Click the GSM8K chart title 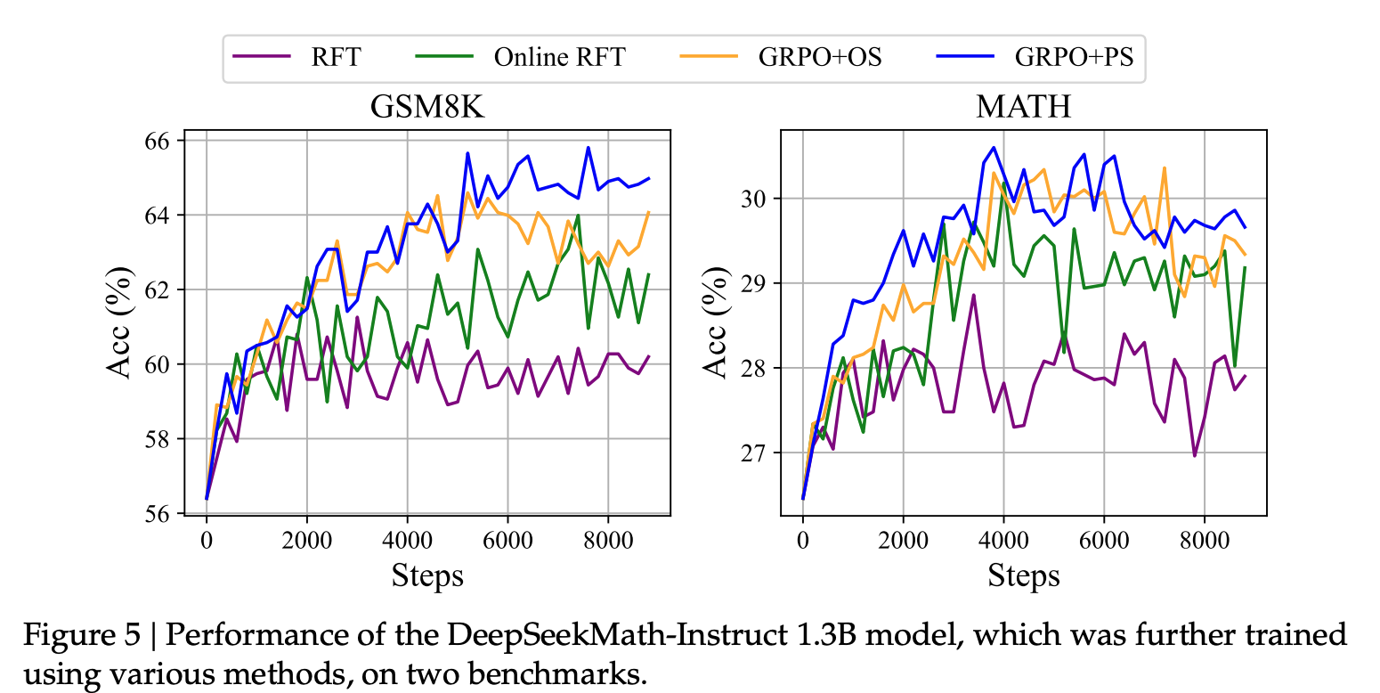428,108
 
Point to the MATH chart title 1023,108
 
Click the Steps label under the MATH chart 1023,575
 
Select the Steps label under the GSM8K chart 427,575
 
